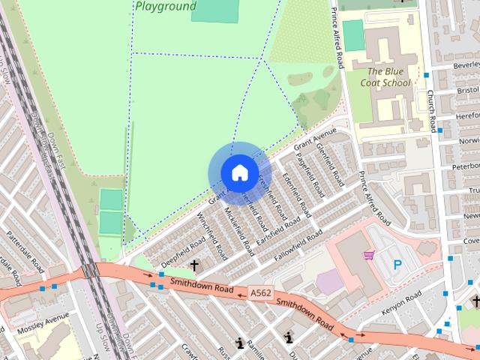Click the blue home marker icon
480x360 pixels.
point(238,172)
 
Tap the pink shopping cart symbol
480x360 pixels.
point(368,256)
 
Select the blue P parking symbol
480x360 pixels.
point(397,265)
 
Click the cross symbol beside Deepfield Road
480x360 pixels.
point(194,265)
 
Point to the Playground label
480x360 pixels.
point(166,6)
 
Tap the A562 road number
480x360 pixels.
point(260,293)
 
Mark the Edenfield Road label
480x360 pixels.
point(296,193)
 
